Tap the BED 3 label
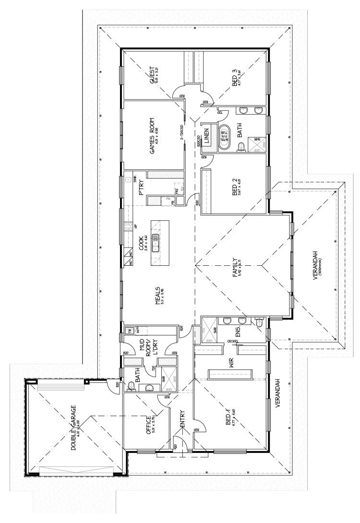(236, 77)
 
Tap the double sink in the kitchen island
(156, 243)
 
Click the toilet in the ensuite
(259, 325)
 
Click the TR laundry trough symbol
(129, 331)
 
